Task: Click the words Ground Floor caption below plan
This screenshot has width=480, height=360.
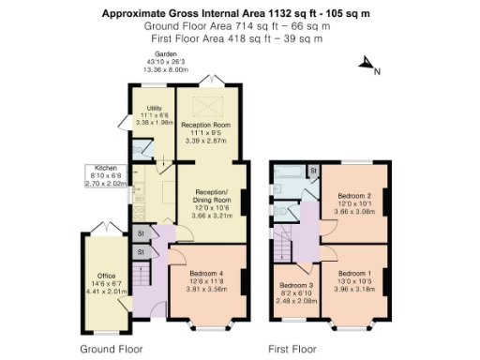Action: [x=112, y=348]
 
